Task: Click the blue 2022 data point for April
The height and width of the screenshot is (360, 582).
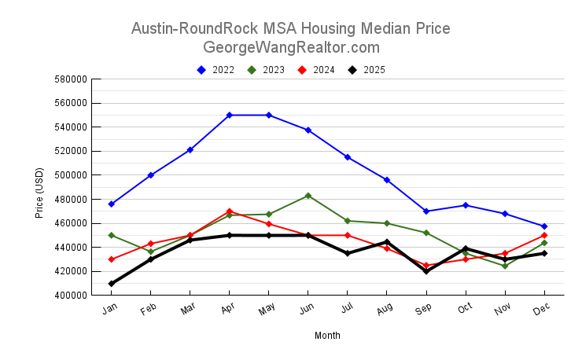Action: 230,115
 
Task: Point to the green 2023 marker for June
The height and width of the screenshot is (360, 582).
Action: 308,196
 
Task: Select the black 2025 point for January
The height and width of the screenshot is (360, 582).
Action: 112,284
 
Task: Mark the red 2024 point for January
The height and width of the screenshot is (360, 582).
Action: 112,259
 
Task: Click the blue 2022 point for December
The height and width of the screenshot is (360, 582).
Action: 544,226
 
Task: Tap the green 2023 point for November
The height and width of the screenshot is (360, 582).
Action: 505,266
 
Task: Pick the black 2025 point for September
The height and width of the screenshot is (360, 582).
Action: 426,271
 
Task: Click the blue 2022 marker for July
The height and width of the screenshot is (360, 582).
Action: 348,157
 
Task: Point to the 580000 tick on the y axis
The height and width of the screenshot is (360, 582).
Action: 70,79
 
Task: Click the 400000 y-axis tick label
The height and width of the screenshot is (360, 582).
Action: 70,296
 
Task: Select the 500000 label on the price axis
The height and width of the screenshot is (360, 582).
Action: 70,175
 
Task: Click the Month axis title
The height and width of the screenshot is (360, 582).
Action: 327,336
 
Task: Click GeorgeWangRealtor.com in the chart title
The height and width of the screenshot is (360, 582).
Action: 291,47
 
